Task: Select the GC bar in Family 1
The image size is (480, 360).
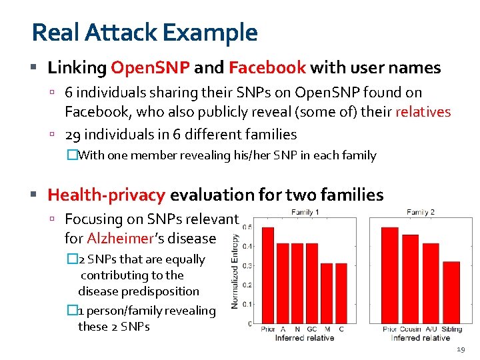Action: [312, 283]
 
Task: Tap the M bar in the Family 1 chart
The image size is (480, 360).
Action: [327, 293]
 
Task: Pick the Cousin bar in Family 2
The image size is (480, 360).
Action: [410, 280]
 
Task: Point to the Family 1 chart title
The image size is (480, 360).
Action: [305, 213]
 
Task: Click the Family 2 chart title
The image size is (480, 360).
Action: [421, 213]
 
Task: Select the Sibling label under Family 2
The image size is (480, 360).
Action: [451, 329]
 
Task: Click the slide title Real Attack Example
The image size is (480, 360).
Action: [144, 32]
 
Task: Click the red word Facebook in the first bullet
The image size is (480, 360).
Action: [267, 67]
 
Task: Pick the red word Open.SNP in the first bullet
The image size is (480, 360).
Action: [151, 67]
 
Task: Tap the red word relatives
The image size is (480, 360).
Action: [423, 111]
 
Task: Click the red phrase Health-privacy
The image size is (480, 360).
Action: [107, 195]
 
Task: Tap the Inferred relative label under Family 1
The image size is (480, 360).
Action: [304, 337]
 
